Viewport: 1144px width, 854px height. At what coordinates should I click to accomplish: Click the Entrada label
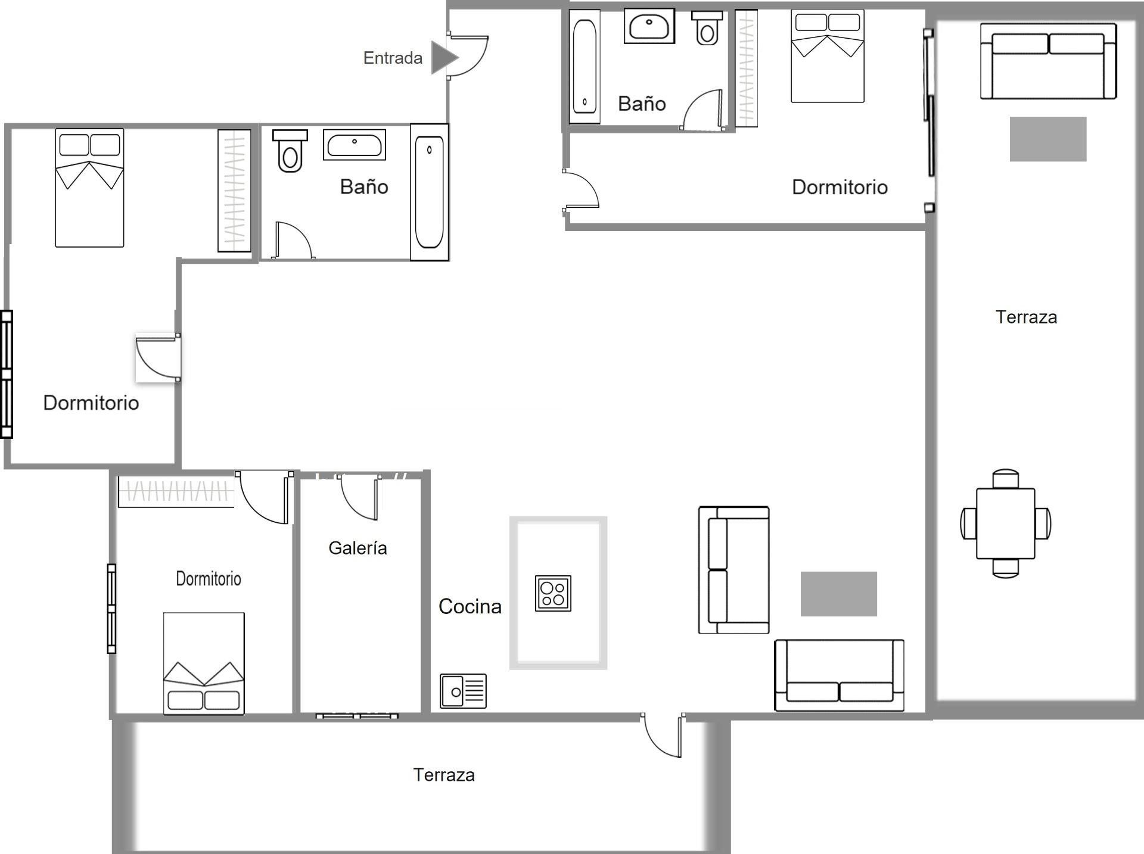coord(393,58)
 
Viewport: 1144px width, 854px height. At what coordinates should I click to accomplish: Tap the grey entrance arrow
coord(444,58)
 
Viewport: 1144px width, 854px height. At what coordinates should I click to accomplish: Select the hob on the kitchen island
coord(553,593)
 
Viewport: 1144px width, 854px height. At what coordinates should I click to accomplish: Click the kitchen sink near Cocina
coord(463,691)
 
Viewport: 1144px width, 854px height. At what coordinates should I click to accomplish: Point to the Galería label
coord(357,548)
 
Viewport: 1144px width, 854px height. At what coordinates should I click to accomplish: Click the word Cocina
coord(470,606)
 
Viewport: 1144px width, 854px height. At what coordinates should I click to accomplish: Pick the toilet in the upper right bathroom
coord(707,27)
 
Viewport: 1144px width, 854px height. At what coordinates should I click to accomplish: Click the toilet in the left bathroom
coord(290,151)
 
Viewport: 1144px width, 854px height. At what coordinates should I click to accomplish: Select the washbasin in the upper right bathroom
coord(649,26)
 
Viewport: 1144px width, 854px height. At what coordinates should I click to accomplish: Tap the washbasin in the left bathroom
coord(355,144)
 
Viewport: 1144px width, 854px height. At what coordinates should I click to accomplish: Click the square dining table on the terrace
coord(1006,523)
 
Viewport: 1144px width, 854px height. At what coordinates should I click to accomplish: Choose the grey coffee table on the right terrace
coord(1048,139)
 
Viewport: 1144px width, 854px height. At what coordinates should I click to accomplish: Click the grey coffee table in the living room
coord(838,594)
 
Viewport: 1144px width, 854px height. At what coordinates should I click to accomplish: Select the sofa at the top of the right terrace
coord(1049,61)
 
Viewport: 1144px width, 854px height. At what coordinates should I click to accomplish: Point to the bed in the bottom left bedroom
coord(204,663)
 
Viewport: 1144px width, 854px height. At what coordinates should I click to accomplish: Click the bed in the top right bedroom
coord(828,56)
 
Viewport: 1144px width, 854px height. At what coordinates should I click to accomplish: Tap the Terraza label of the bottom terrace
coord(444,775)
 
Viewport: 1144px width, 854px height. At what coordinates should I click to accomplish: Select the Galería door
coord(359,498)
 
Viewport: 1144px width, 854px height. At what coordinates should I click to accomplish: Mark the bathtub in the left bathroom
coord(429,192)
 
